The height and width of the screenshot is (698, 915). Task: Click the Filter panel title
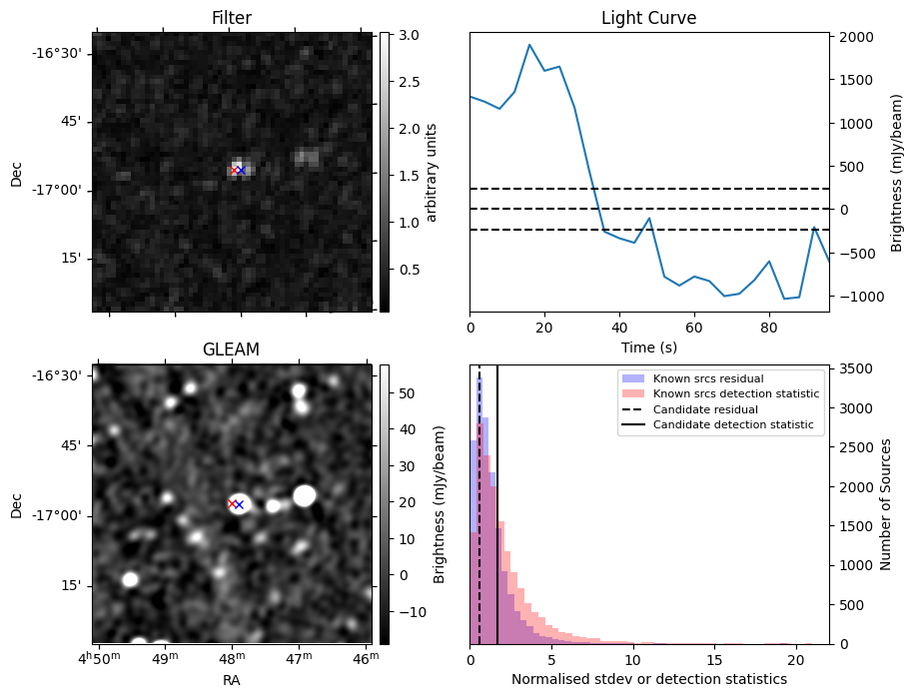[232, 18]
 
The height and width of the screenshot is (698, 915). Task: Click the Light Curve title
[648, 18]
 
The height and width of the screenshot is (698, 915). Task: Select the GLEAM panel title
[231, 349]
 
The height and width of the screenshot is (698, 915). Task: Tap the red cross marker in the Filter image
[234, 171]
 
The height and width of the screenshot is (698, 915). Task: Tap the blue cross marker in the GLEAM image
[239, 505]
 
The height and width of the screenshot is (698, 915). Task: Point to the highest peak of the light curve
[529, 45]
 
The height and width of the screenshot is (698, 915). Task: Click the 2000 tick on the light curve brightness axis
[856, 38]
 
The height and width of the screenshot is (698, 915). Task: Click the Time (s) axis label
[648, 346]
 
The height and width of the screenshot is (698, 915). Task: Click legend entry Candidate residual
[706, 410]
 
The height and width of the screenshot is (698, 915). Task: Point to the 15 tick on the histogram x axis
[713, 660]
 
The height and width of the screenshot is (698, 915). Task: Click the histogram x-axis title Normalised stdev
[649, 679]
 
